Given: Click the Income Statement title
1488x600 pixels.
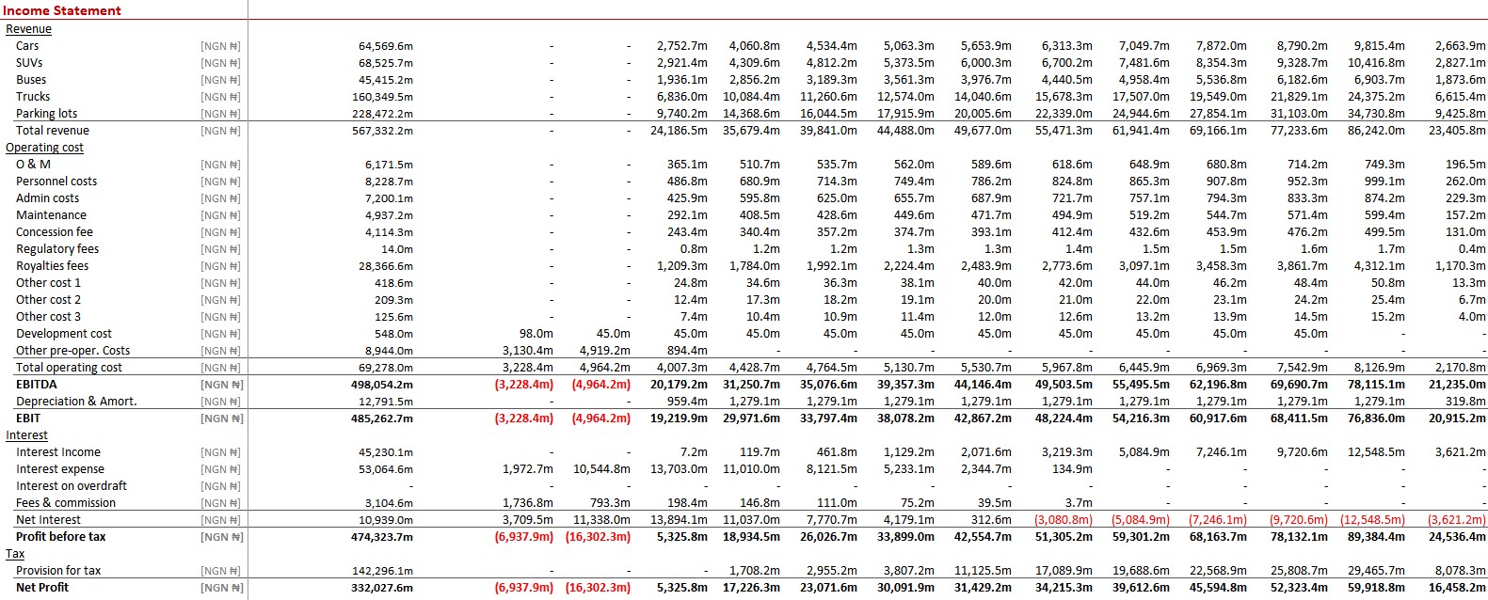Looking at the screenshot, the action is pyautogui.click(x=62, y=10).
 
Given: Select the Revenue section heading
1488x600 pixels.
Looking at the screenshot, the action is pyautogui.click(x=28, y=28).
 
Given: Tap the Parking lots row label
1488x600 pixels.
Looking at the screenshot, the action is pyautogui.click(x=46, y=114).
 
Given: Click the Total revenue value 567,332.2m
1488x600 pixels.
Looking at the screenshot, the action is pyautogui.click(x=382, y=131).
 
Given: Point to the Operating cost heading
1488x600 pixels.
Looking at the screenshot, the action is pyautogui.click(x=44, y=148).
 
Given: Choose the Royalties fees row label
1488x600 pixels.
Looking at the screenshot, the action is pyautogui.click(x=52, y=265).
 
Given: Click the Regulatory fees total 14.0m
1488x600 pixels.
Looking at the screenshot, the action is pyautogui.click(x=396, y=249).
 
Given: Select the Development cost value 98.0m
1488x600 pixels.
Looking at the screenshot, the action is pyautogui.click(x=536, y=334).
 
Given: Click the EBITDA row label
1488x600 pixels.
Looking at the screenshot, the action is pyautogui.click(x=37, y=385).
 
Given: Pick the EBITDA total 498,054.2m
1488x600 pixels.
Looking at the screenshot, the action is pyautogui.click(x=382, y=385).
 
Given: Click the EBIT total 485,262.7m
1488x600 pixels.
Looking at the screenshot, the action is pyautogui.click(x=382, y=418).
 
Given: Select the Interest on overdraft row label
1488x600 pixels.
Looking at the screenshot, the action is pyautogui.click(x=72, y=486).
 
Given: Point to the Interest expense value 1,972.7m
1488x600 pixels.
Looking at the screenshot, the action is pyautogui.click(x=527, y=469).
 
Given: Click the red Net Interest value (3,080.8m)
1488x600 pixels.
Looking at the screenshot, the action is pyautogui.click(x=1063, y=520).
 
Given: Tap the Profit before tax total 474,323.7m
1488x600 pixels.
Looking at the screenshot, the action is pyautogui.click(x=382, y=537).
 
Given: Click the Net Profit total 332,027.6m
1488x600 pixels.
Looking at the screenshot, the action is pyautogui.click(x=382, y=588).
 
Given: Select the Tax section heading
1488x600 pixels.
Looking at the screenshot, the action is pyautogui.click(x=15, y=554).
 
